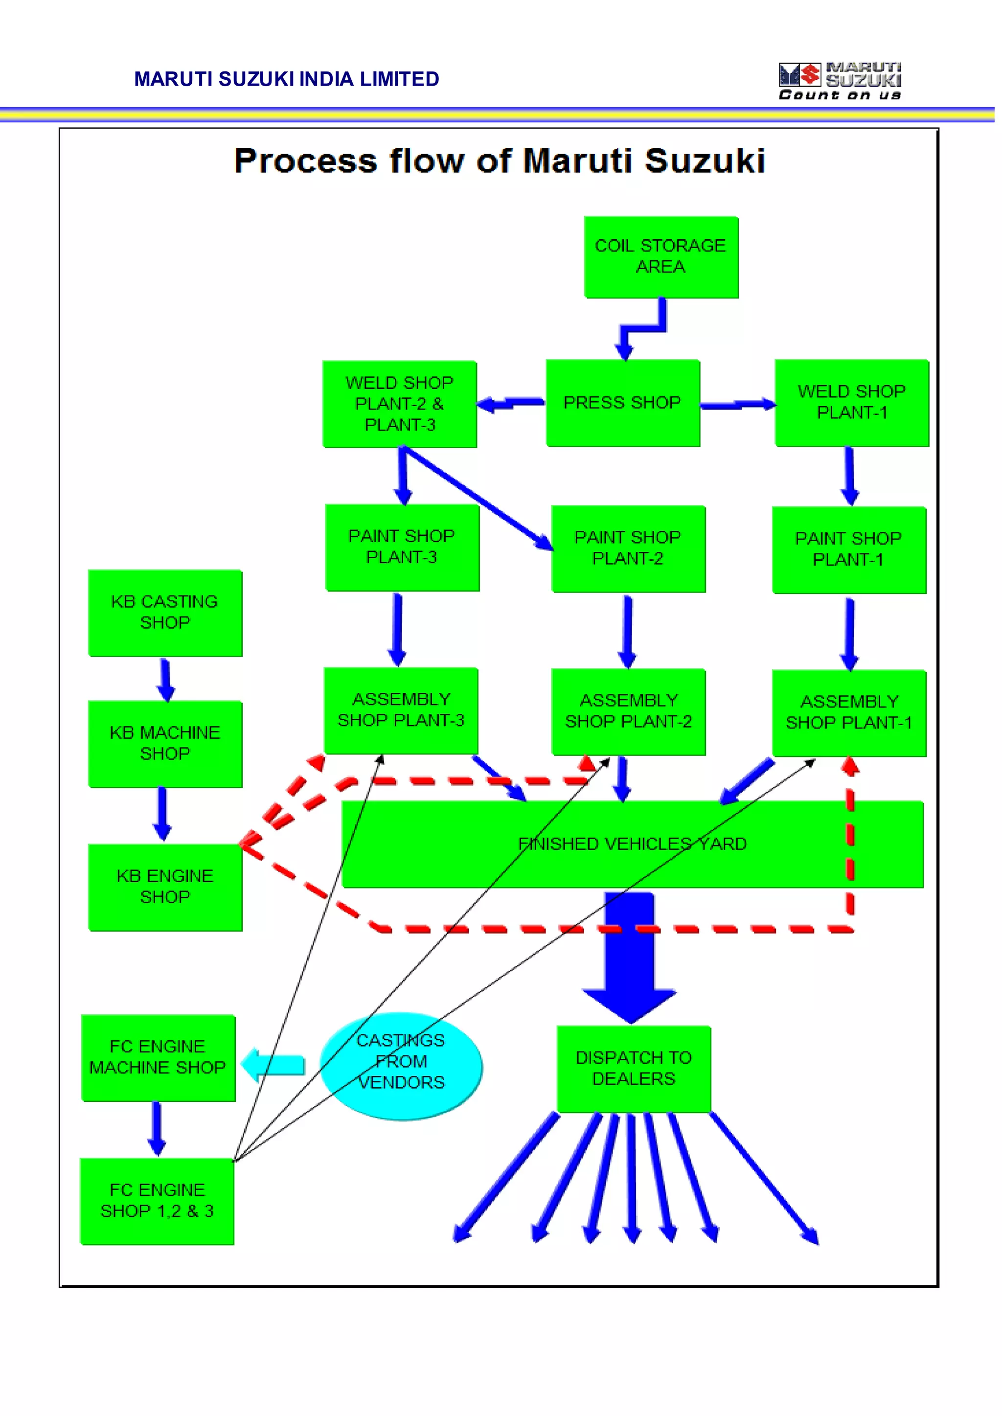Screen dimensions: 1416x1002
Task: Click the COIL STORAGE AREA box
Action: [661, 257]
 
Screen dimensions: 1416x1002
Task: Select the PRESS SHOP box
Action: [622, 403]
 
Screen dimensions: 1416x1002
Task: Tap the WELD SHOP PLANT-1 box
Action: [851, 403]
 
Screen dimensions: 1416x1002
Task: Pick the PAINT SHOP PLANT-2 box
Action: [628, 548]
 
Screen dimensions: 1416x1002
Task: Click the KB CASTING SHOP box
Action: [165, 613]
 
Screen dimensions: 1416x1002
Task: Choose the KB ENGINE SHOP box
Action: [165, 887]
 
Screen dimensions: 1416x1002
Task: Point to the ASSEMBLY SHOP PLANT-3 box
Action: [401, 710]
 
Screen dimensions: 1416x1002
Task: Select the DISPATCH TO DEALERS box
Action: [634, 1069]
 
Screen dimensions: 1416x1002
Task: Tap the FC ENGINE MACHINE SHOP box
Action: [158, 1057]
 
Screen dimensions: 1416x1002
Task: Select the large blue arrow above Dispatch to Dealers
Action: [629, 957]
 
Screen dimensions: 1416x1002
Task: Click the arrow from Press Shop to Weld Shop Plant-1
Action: [738, 405]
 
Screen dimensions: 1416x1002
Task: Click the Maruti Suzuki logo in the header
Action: [839, 81]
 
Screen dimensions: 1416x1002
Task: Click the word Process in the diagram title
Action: [305, 161]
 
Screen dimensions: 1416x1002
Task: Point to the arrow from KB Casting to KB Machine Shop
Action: [165, 679]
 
